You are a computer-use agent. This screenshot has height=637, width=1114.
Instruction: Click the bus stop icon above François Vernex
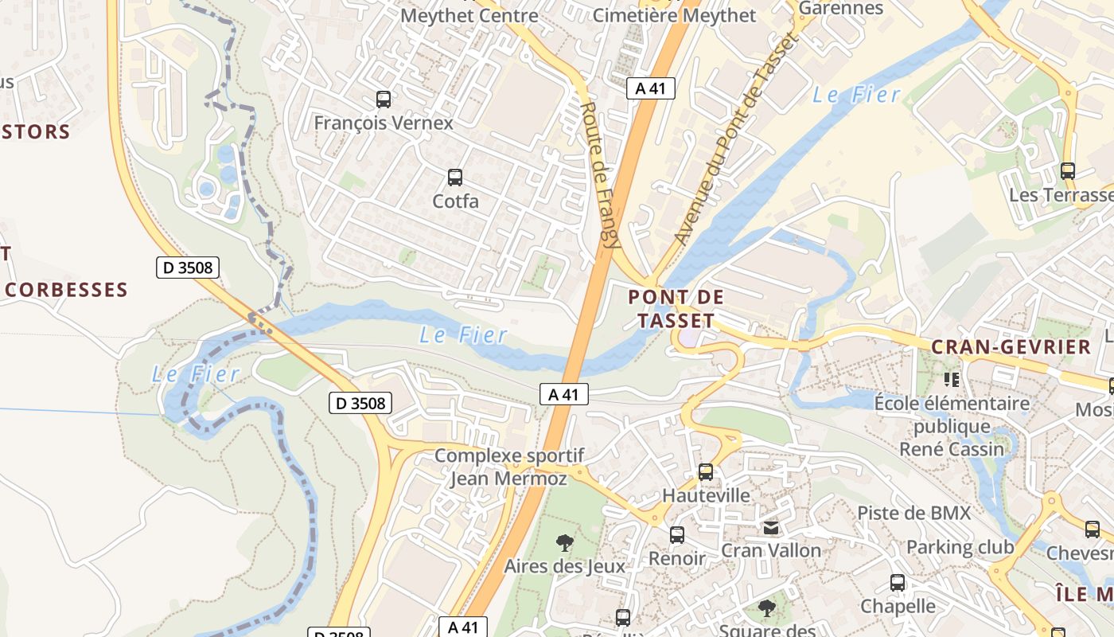[384, 100]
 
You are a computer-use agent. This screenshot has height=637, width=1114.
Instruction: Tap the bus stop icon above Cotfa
[455, 178]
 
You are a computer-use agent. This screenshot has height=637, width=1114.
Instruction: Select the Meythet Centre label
[469, 15]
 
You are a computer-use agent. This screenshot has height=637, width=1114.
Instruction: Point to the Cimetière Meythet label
[675, 15]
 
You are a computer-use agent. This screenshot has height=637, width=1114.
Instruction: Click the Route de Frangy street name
[600, 175]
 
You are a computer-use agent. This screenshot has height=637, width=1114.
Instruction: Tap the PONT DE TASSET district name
[676, 309]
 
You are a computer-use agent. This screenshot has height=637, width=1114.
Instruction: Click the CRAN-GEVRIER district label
[1011, 347]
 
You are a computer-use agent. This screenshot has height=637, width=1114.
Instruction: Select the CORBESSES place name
[67, 290]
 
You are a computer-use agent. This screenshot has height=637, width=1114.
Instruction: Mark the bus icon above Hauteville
[706, 472]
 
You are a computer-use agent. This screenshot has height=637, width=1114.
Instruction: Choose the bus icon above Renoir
[677, 535]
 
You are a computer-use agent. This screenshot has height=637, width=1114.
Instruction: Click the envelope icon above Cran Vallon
[771, 527]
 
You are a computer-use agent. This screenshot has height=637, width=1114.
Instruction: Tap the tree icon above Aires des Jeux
[565, 543]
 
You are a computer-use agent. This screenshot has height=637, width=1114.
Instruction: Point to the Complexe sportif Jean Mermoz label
[509, 467]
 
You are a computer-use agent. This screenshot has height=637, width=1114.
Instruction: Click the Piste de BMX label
[914, 513]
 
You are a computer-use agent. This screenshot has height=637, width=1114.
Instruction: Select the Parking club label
[960, 547]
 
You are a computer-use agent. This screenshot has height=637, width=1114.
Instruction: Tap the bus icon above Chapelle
[898, 583]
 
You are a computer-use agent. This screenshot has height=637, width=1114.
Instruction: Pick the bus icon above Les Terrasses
[1068, 171]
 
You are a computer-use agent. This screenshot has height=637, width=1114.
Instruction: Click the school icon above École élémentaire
[951, 380]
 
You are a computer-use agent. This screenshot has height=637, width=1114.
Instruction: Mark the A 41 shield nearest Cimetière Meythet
[650, 88]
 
